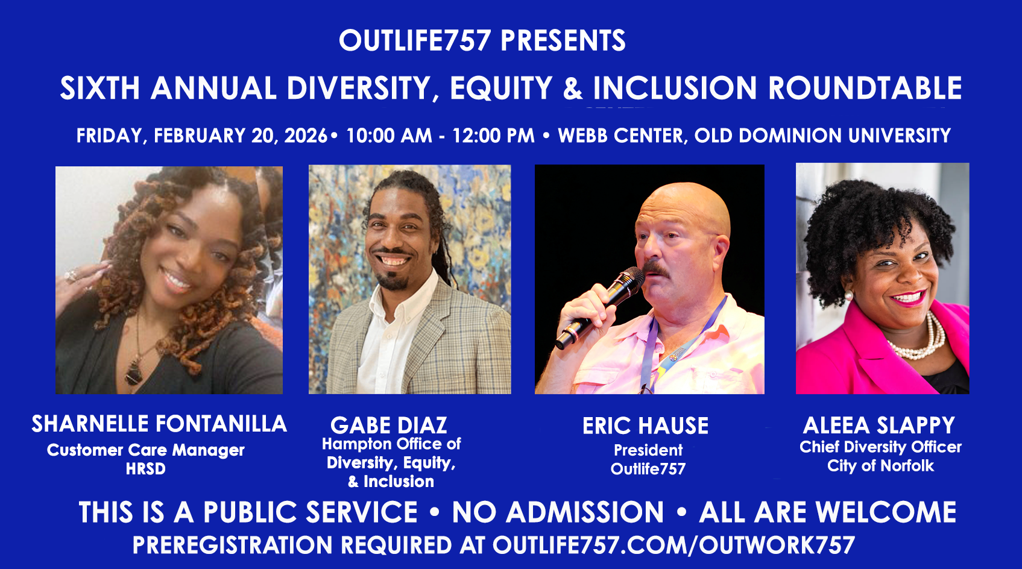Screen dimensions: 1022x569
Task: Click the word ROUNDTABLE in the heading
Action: coord(865,88)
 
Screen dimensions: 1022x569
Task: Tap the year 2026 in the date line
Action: coord(306,136)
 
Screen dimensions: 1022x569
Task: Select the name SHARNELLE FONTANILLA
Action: coord(159,424)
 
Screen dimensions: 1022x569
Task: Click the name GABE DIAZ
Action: coord(389,426)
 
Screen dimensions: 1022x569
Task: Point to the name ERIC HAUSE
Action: coord(645,426)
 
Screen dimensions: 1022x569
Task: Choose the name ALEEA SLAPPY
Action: coord(878,426)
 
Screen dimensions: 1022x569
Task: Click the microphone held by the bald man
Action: coord(599,308)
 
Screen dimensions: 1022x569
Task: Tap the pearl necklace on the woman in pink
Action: coord(918,338)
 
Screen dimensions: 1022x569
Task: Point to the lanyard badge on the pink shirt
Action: coord(677,353)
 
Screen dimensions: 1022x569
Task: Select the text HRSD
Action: coord(145,469)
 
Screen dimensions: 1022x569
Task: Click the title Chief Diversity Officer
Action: coord(880,447)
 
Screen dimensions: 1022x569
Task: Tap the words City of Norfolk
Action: coord(880,466)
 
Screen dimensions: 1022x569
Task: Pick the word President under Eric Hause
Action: coord(648,450)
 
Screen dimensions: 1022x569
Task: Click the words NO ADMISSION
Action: coord(558,512)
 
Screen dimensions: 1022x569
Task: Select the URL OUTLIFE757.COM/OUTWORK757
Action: coord(673,545)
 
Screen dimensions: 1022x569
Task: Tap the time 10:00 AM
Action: coord(389,136)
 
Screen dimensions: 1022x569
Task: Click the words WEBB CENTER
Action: coord(620,136)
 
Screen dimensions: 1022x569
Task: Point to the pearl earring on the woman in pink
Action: coord(848,295)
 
